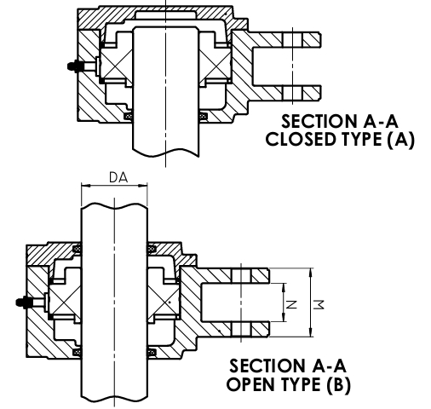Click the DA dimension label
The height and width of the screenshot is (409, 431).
click(118, 177)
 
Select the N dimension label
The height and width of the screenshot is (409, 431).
click(291, 304)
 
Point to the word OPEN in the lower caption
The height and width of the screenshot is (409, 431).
click(251, 384)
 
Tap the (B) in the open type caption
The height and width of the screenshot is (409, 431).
click(338, 385)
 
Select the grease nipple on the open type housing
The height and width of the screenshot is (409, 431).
click(24, 302)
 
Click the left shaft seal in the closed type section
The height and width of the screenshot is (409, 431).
click(129, 116)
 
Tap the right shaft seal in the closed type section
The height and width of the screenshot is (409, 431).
click(203, 116)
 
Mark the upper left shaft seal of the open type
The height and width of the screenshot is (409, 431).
click(77, 249)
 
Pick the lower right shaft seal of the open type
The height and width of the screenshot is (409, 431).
click(151, 352)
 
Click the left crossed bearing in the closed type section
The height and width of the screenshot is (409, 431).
click(117, 64)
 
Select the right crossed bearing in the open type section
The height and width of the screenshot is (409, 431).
click(163, 302)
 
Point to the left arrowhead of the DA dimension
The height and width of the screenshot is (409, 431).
click(85, 186)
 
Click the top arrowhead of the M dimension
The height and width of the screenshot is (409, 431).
click(311, 273)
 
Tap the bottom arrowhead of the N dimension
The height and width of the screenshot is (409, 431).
click(284, 317)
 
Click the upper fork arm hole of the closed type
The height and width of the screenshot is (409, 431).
click(293, 40)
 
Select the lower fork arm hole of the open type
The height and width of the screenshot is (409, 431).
click(241, 329)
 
